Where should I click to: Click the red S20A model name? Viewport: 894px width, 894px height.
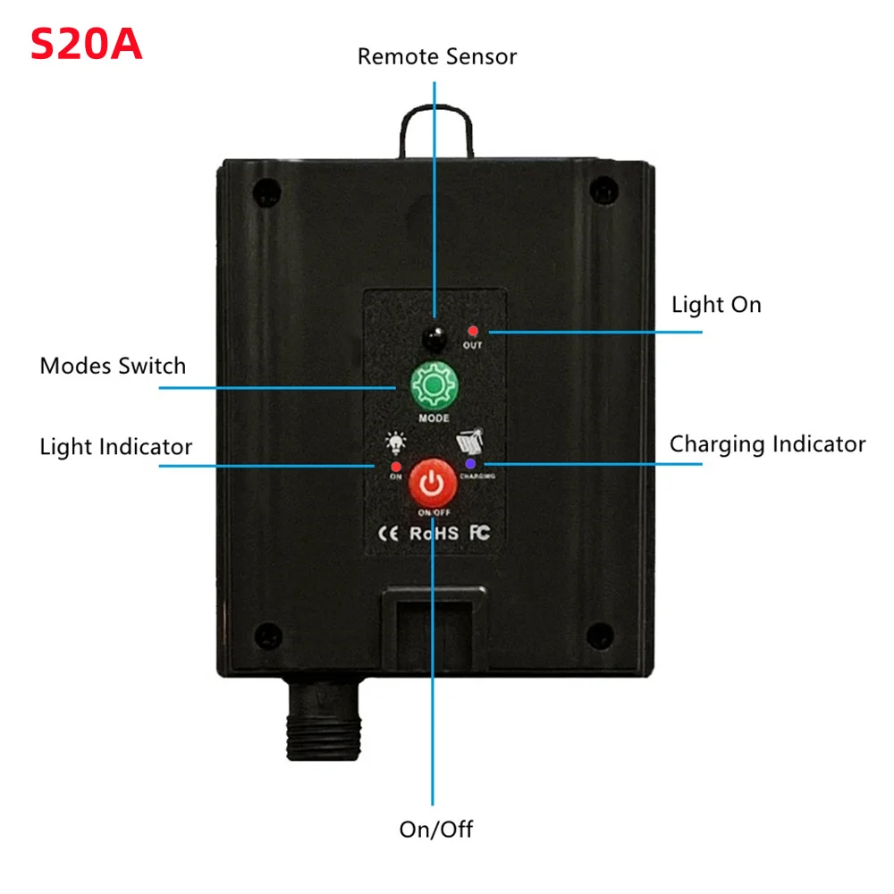coord(87,44)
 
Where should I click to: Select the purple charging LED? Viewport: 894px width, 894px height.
coord(470,464)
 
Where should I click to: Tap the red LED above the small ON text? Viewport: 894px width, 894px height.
coord(395,466)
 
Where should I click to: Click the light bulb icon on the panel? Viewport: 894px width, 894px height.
coord(394,443)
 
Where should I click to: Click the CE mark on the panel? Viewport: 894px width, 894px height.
coord(390,533)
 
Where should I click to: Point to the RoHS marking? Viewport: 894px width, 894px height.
coord(434,533)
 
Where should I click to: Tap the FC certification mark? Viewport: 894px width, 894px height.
coord(479,533)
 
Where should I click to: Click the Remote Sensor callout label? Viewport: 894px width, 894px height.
coord(437,56)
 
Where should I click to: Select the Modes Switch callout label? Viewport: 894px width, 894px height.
coord(113,366)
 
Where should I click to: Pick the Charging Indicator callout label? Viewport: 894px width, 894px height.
coord(767,444)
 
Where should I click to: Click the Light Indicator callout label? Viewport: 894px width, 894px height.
coord(115,446)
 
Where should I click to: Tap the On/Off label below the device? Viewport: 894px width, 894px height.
coord(435,829)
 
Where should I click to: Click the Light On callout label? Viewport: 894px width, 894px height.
coord(716,305)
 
